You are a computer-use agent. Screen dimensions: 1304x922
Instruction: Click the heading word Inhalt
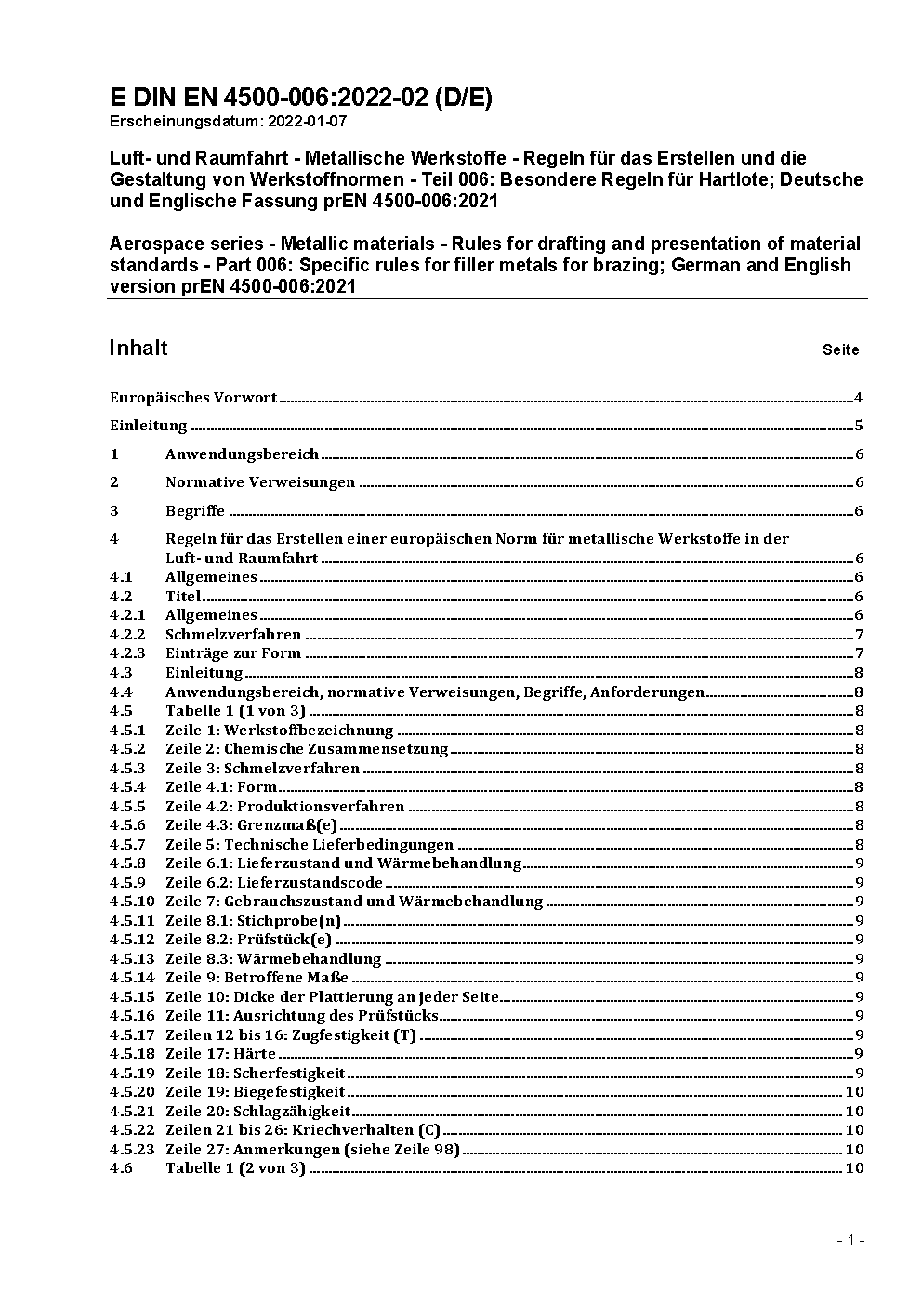pos(138,348)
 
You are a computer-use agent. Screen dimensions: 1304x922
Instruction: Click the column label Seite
pos(840,350)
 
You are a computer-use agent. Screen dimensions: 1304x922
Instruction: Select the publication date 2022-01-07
pos(308,121)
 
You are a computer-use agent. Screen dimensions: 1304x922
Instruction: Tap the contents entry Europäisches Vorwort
pos(193,398)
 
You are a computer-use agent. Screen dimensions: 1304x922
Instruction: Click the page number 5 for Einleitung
pos(859,427)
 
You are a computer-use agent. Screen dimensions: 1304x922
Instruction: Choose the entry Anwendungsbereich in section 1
pos(242,454)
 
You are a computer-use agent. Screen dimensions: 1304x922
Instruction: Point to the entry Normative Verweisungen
pos(260,482)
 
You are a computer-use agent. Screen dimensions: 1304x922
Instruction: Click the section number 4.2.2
pos(127,635)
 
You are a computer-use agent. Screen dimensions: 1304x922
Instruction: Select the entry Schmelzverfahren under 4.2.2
pos(233,635)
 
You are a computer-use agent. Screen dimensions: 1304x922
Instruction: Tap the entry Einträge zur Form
pos(233,653)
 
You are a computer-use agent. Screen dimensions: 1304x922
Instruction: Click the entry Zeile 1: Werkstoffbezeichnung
pos(279,731)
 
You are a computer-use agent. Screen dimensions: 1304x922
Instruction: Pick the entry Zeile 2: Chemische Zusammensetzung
pos(307,749)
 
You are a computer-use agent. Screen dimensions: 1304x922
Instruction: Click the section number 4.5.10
pos(132,902)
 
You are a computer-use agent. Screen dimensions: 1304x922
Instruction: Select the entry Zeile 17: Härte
pos(220,1054)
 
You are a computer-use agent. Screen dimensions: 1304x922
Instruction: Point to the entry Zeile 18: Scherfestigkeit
pos(255,1073)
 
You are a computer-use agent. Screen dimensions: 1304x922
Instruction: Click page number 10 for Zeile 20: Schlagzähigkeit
pos(854,1112)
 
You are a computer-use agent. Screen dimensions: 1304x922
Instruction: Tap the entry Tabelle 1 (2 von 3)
pos(235,1168)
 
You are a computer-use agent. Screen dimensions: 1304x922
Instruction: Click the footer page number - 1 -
pos(850,1241)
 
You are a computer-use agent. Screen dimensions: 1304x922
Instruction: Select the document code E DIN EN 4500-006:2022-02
pos(270,98)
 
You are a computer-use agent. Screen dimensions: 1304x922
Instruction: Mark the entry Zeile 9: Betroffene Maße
pos(257,978)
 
